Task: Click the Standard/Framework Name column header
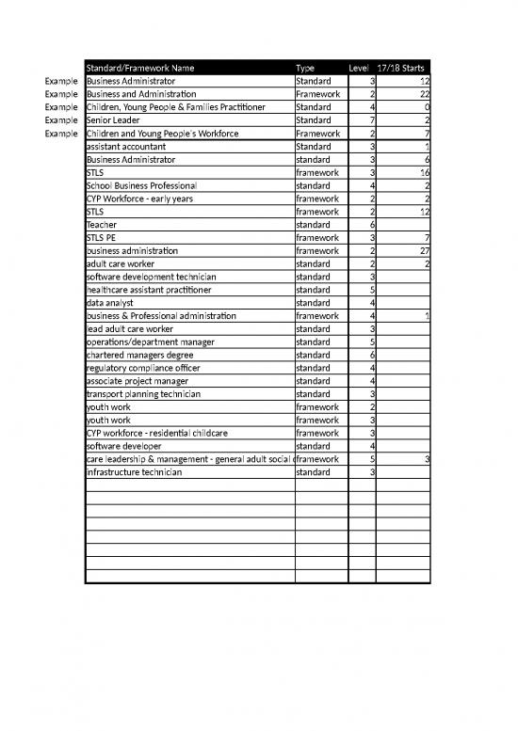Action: click(x=139, y=68)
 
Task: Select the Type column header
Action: click(x=305, y=68)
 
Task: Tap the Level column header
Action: click(x=359, y=68)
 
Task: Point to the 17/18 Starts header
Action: click(x=400, y=68)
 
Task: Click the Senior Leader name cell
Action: click(x=114, y=120)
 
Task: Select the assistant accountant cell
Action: click(x=125, y=147)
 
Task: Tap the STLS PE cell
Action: click(x=101, y=238)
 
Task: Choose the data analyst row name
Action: click(x=109, y=303)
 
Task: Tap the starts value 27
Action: click(x=424, y=251)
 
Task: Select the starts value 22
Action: click(x=424, y=94)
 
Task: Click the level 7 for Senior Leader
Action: click(x=372, y=120)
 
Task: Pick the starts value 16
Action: click(x=424, y=173)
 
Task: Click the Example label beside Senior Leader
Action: click(x=59, y=120)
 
